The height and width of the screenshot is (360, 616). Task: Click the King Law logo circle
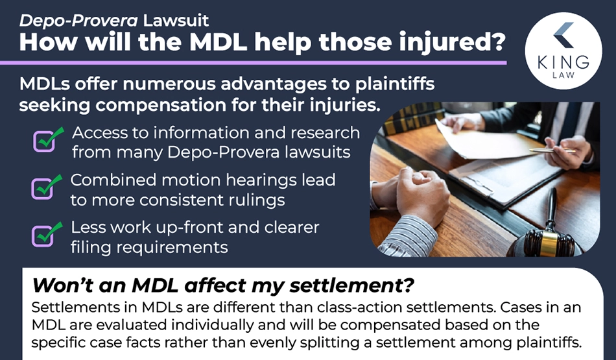tap(563, 51)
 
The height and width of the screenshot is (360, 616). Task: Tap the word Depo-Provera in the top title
tap(78, 21)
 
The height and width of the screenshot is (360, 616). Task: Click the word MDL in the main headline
tap(218, 42)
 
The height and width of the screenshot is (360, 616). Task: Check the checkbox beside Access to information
tap(44, 141)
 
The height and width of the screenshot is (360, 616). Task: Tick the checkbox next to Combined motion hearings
tap(42, 188)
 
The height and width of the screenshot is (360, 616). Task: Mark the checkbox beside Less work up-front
tap(42, 235)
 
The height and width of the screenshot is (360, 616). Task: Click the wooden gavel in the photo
tap(546, 232)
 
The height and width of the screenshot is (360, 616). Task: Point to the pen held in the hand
tap(552, 150)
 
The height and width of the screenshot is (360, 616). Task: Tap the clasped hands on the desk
tap(416, 191)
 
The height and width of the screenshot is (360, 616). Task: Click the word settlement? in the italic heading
tap(351, 285)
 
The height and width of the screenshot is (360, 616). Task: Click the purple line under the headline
tap(254, 62)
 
